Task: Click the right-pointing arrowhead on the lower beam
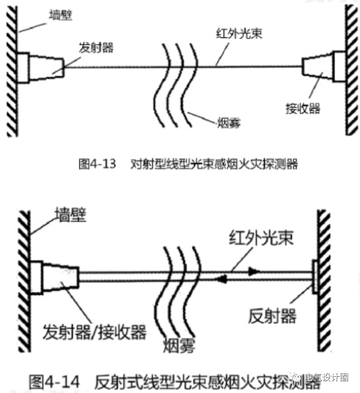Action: [254, 271]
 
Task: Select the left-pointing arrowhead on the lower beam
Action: [222, 279]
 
